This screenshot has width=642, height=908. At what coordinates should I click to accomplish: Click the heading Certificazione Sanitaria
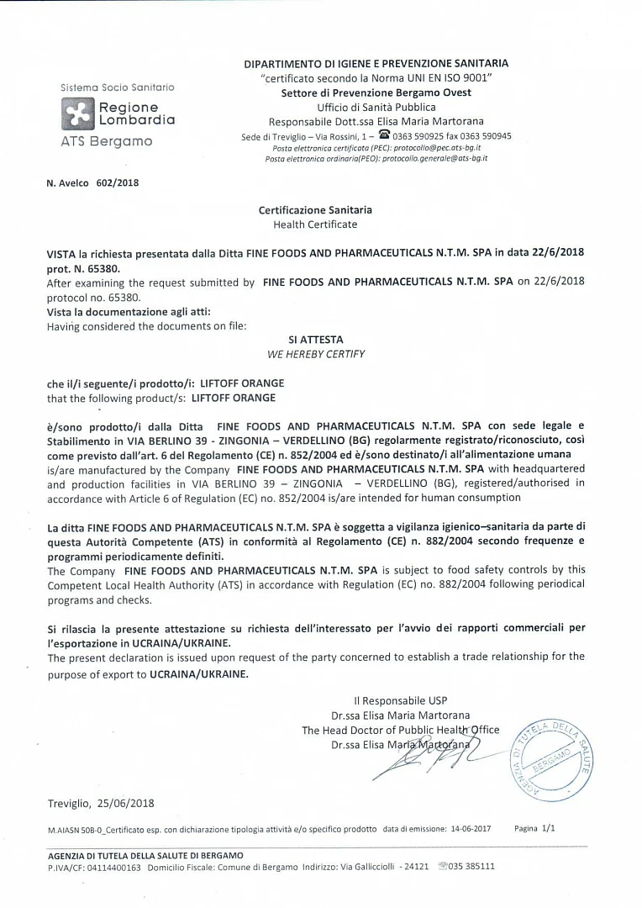315,210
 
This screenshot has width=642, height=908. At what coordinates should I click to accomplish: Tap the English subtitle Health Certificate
315,224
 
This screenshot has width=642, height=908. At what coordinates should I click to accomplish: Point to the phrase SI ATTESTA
315,340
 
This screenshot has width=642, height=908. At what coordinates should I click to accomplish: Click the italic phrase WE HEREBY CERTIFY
315,354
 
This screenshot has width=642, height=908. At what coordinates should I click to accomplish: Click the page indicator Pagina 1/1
534,828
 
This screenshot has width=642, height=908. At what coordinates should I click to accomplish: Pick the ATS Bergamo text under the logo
107,140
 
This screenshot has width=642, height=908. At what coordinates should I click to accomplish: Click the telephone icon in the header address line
385,135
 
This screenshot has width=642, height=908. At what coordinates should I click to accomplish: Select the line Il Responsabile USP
401,700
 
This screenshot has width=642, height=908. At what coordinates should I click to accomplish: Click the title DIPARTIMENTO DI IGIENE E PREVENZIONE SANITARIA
376,63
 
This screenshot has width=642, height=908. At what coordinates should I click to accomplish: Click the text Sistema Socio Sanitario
118,87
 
